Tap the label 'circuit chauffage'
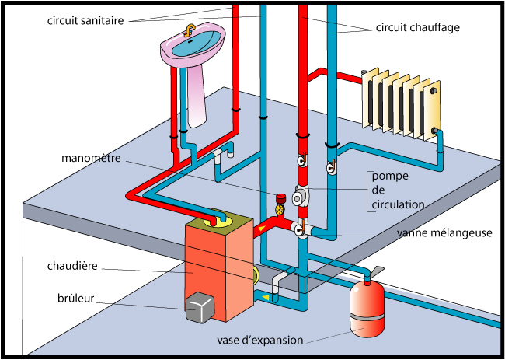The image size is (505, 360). click(x=418, y=27)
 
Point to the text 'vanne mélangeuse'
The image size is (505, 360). click(x=444, y=232)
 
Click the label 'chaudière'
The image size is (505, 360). click(x=71, y=267)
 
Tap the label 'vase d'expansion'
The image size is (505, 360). click(x=259, y=340)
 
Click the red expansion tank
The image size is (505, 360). click(x=364, y=309)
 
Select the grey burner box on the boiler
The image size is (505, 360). click(x=200, y=309)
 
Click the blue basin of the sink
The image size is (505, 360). click(x=191, y=46)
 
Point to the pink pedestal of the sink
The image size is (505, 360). click(x=197, y=97)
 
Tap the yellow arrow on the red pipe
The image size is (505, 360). click(x=271, y=228)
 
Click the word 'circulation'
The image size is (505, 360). click(x=399, y=204)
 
